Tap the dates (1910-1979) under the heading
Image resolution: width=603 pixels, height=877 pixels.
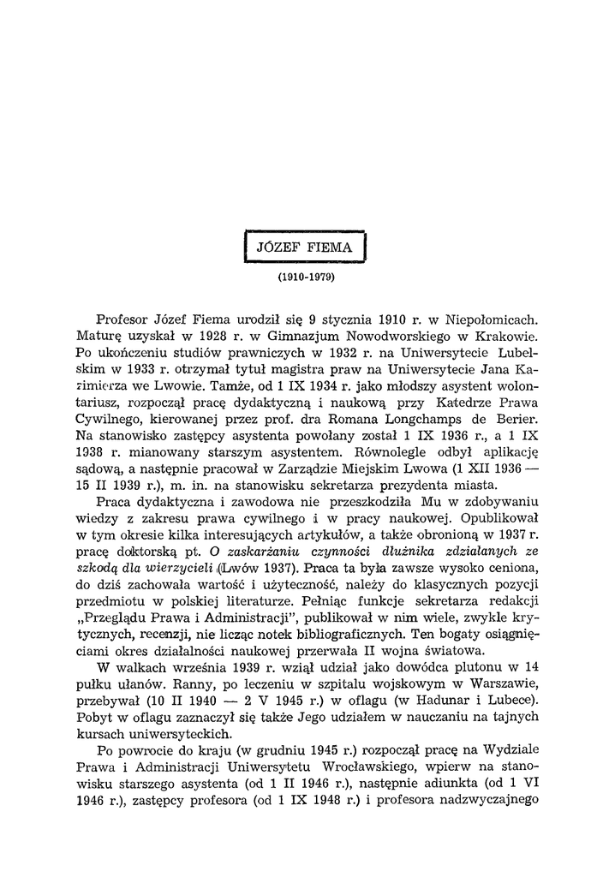coord(305,278)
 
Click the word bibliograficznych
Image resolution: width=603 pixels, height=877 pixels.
coord(345,634)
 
